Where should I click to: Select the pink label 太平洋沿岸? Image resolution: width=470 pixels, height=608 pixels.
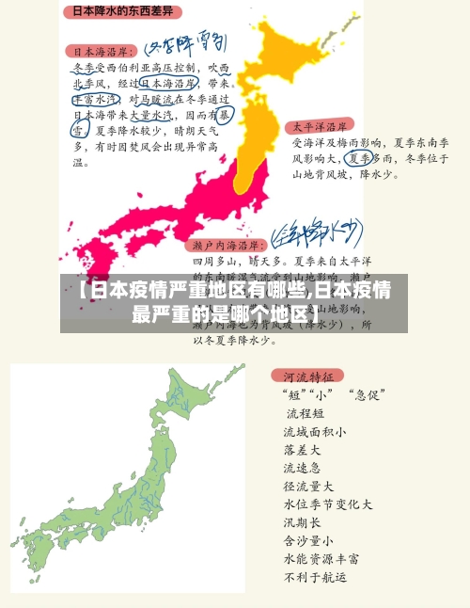coord(321,125)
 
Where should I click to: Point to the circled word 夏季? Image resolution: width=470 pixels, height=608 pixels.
coord(359,158)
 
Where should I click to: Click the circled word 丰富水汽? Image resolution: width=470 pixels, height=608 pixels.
coord(95,97)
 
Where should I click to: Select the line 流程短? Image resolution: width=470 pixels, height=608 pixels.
coord(305,412)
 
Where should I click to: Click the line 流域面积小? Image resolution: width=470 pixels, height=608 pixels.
coord(314,432)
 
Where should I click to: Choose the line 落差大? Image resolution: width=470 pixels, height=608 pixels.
coord(302,450)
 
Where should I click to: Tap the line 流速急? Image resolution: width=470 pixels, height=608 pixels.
coord(302,468)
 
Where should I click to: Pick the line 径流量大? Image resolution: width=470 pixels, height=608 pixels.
coord(308,487)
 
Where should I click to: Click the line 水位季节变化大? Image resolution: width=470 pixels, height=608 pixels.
coord(327,504)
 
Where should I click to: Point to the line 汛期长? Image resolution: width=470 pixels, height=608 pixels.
coord(302,522)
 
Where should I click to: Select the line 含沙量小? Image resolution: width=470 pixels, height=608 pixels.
coord(308,540)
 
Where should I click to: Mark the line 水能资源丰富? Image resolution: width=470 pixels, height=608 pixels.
coord(321,558)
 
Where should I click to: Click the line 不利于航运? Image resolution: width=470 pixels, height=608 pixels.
coord(315,576)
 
